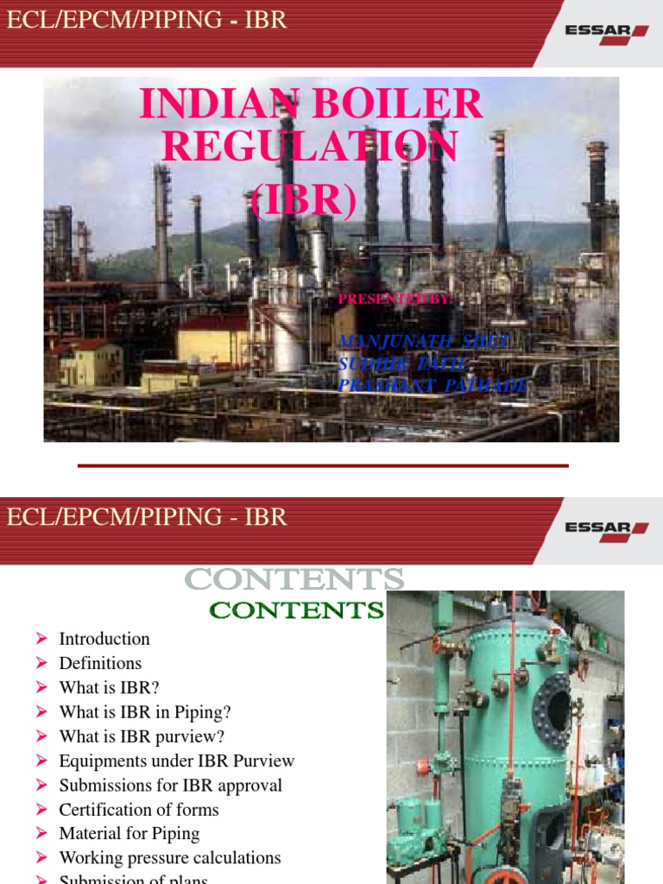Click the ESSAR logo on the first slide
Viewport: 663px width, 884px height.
tap(606, 32)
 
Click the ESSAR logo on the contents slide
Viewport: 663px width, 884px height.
tap(606, 527)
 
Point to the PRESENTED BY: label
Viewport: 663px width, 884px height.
tap(395, 299)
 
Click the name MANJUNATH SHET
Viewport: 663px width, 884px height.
tap(424, 342)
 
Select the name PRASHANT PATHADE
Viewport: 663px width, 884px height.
tap(433, 385)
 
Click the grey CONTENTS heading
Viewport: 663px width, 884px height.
tap(294, 579)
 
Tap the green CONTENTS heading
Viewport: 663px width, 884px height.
tap(297, 610)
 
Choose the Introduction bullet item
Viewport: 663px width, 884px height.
tap(104, 639)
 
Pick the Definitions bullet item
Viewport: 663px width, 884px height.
tap(100, 663)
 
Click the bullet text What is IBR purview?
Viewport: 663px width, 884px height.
tap(142, 736)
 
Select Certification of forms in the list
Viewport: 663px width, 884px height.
tap(139, 810)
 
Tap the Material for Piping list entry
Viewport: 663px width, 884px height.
tap(129, 834)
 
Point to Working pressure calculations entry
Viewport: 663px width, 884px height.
tap(170, 858)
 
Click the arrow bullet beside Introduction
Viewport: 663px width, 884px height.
tap(41, 639)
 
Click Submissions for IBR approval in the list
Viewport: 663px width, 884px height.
tap(170, 786)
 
